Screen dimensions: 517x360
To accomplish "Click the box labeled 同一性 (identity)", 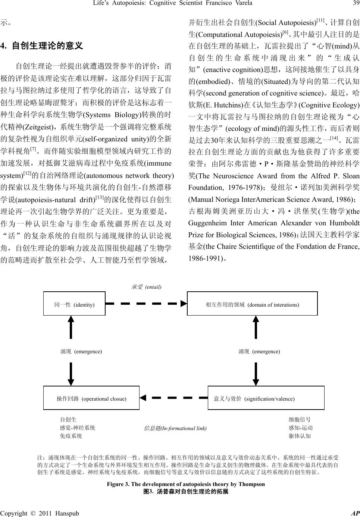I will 74,304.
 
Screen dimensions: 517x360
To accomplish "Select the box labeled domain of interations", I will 252,304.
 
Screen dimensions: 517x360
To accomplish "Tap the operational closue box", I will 91,398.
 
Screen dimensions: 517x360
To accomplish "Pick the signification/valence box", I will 266,398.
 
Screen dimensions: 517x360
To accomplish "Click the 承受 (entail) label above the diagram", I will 146,287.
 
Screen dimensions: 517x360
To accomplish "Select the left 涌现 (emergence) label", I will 81,351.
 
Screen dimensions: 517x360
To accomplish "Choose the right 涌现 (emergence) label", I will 259,351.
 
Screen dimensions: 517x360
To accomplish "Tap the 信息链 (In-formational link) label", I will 175,428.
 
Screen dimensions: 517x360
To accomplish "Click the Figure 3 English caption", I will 185,484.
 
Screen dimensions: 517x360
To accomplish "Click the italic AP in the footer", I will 355,513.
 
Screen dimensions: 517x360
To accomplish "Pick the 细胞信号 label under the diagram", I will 300,420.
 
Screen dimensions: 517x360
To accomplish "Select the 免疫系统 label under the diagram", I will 71,436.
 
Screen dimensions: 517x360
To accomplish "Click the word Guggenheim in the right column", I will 207,223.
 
